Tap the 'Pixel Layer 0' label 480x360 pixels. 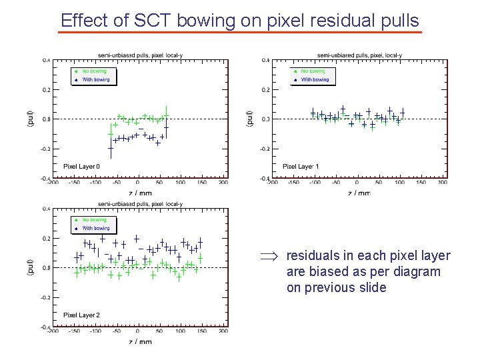[81, 166]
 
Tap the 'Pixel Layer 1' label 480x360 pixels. [301, 166]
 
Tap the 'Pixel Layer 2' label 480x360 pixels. [81, 315]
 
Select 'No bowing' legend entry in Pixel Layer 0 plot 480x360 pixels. [94, 71]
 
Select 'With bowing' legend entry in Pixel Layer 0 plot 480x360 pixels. [96, 79]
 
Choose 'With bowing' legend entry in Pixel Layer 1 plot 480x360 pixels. [315, 79]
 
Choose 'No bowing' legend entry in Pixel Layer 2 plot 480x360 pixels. [94, 219]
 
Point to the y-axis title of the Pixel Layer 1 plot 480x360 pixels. [250, 119]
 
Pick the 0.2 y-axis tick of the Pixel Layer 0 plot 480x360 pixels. [45, 89]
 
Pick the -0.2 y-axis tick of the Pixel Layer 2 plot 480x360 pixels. [45, 297]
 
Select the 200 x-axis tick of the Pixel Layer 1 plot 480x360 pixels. [442, 181]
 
